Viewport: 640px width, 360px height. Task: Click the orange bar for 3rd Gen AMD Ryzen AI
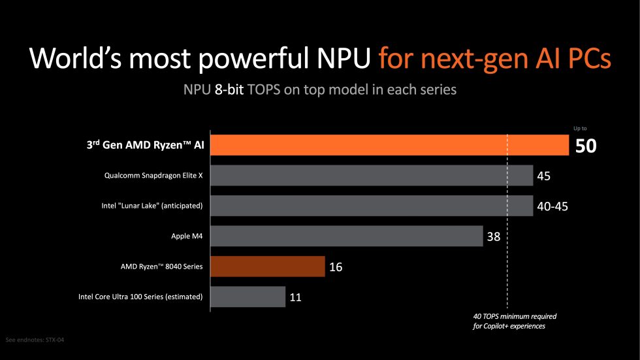(x=389, y=145)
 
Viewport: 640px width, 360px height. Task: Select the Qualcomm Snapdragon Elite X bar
(x=372, y=175)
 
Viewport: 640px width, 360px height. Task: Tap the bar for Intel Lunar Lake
(x=372, y=206)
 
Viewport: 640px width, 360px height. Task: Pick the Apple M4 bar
(x=347, y=236)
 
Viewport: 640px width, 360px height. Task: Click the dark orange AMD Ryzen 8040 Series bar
(x=268, y=267)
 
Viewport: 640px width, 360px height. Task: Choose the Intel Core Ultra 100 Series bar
(x=248, y=297)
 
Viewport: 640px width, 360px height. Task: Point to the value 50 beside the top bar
(x=586, y=146)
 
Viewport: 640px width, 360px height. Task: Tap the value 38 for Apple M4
(x=493, y=237)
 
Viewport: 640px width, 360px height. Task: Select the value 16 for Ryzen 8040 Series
(x=336, y=267)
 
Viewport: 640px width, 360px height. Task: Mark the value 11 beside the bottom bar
(x=295, y=297)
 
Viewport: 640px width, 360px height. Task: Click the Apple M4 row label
(x=187, y=237)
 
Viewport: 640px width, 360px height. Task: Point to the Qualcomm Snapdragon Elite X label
(x=153, y=176)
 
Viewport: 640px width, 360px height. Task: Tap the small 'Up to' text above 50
(x=579, y=129)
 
